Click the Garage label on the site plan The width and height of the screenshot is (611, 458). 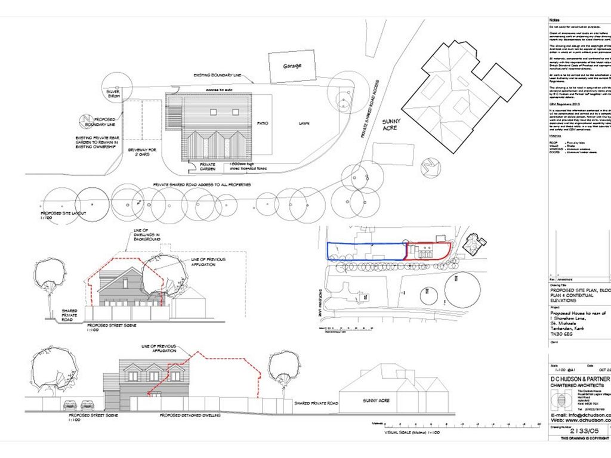292,66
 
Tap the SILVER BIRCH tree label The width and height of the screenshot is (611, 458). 113,93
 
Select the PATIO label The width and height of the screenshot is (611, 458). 263,123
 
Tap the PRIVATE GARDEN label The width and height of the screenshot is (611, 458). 208,167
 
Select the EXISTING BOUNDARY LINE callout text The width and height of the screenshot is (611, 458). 217,76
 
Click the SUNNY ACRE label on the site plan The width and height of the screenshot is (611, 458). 391,125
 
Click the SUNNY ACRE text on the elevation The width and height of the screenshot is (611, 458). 377,400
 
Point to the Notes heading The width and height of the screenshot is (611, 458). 554,20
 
